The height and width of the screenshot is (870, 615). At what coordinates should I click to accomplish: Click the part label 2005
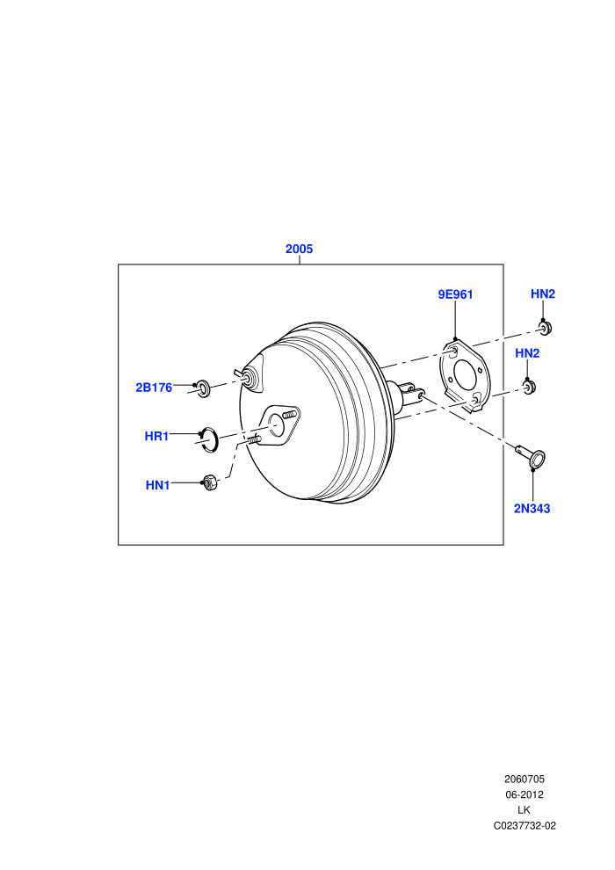click(299, 249)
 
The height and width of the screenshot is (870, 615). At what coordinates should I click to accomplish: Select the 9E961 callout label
click(455, 294)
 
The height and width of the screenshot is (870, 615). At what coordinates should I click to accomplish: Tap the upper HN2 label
click(542, 294)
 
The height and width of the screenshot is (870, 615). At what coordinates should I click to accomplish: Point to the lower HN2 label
click(527, 353)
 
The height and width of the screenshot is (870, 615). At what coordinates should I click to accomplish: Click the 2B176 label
click(154, 388)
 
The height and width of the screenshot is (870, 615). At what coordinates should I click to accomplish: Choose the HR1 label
click(156, 436)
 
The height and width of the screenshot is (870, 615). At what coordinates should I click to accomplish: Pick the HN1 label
click(157, 485)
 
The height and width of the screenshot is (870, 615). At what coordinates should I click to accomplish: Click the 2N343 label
click(532, 508)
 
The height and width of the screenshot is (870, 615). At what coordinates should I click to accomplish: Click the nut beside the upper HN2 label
click(546, 328)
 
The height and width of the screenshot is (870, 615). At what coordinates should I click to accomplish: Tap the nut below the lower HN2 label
click(530, 387)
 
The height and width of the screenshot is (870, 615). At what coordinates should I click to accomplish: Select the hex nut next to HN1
click(210, 482)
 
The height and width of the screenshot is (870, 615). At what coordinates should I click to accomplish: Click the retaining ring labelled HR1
click(210, 439)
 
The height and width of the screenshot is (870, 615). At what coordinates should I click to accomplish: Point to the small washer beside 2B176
click(204, 388)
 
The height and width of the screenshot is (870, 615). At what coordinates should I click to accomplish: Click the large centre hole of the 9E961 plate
click(464, 376)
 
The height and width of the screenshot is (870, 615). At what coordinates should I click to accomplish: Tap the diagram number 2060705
click(524, 779)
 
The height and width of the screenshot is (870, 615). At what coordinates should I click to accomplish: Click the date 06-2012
click(524, 794)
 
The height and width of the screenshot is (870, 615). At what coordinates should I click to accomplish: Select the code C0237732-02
click(524, 825)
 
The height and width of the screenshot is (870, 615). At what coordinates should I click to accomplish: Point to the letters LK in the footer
click(524, 810)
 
